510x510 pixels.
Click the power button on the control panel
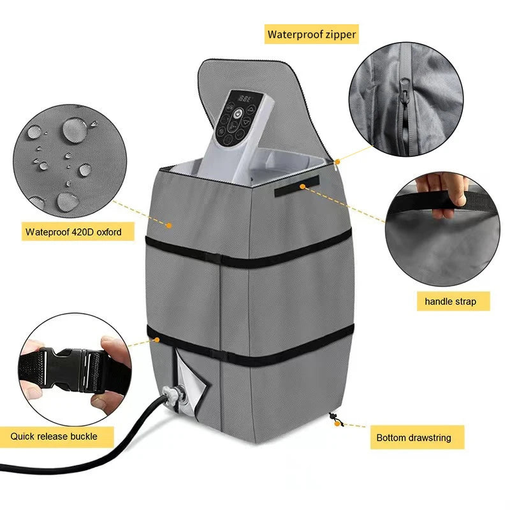tap(237, 113)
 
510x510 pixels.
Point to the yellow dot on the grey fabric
tap(169, 224)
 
